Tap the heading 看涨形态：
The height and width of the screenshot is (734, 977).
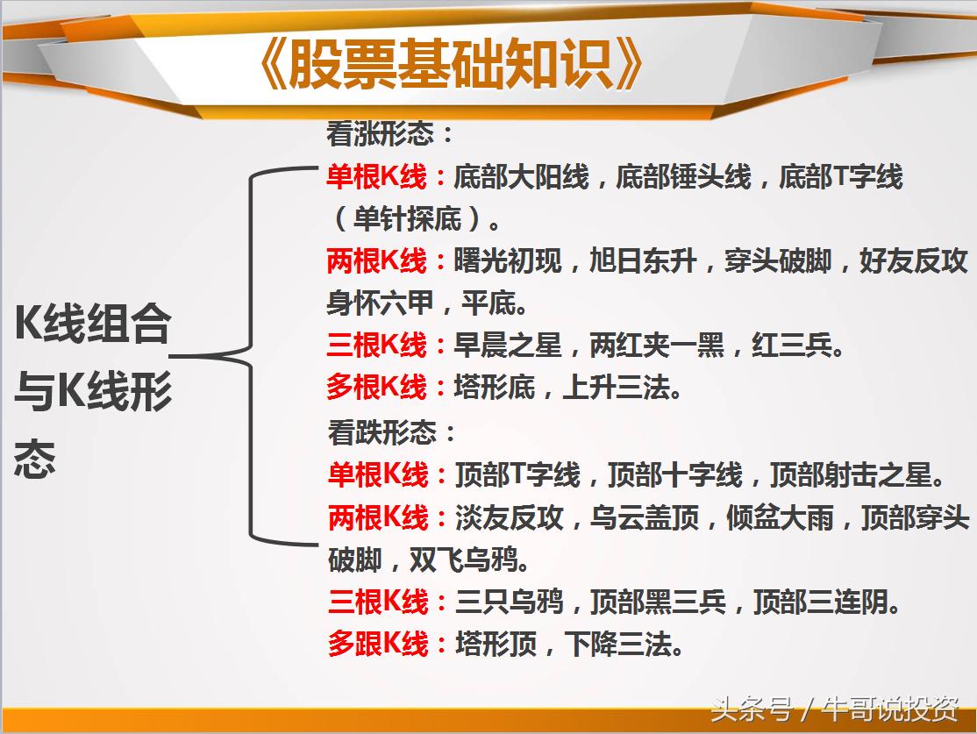(390, 135)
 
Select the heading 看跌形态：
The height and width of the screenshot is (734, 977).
(392, 432)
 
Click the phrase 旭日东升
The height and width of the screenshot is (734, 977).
(643, 261)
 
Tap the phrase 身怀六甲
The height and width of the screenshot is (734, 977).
(380, 303)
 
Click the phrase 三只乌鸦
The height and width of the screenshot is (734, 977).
(510, 602)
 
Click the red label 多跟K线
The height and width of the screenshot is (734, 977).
(378, 645)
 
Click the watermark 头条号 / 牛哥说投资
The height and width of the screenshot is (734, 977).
(834, 707)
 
